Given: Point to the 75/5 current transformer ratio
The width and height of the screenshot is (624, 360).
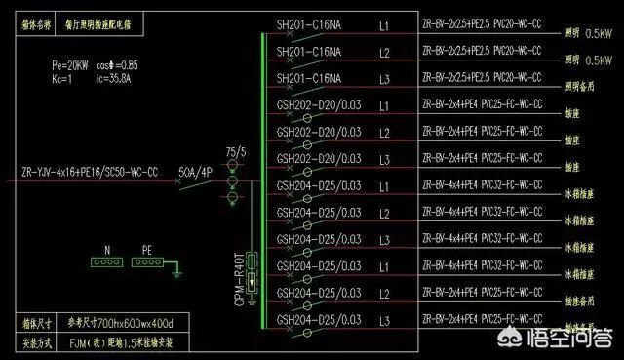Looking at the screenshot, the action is coord(235,152).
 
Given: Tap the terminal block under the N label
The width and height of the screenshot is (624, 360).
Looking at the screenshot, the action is coord(103,260).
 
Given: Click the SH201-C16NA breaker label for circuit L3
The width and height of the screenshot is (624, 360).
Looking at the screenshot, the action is coord(308,77).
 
